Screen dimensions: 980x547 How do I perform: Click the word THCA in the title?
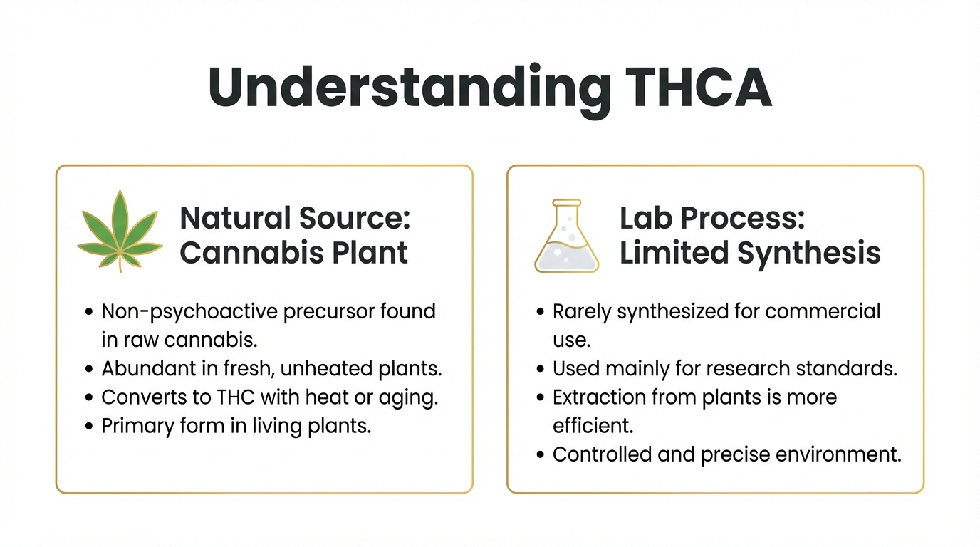[x=699, y=87]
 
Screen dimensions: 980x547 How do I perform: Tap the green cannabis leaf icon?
[x=120, y=231]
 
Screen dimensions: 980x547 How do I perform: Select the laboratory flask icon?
[x=567, y=236]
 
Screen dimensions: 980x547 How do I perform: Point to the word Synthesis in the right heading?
[x=809, y=254]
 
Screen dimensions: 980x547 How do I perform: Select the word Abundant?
[x=148, y=368]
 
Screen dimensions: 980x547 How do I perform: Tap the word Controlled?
[x=602, y=454]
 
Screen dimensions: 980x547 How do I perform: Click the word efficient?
[x=593, y=426]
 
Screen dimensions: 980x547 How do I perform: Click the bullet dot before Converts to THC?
[x=89, y=397]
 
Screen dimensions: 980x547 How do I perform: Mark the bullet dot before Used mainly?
[x=541, y=369]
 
